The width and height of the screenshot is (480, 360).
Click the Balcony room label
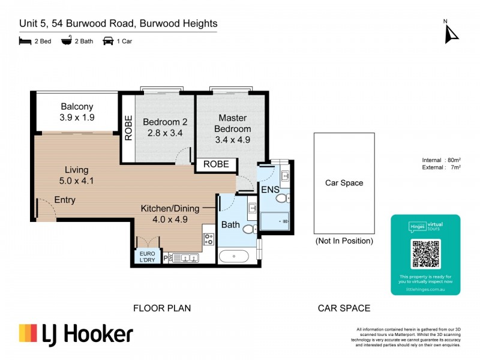76,107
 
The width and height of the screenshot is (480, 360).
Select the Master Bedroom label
234,123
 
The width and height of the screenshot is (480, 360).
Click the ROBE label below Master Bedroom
215,164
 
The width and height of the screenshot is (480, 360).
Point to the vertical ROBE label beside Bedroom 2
128,128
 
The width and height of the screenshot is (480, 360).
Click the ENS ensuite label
269,190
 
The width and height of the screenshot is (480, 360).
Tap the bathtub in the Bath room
234,257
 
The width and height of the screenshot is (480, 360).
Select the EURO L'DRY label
147,257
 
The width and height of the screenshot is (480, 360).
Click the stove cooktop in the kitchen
209,239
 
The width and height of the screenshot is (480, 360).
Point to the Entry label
65,200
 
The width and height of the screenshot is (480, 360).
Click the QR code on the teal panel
425,254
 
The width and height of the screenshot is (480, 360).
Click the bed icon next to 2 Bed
25,41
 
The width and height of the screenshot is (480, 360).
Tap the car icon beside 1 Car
109,41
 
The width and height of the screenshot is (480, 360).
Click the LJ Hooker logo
76,334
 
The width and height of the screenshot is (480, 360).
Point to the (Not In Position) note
344,241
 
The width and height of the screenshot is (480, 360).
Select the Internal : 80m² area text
442,160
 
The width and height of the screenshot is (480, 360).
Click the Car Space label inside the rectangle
344,183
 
